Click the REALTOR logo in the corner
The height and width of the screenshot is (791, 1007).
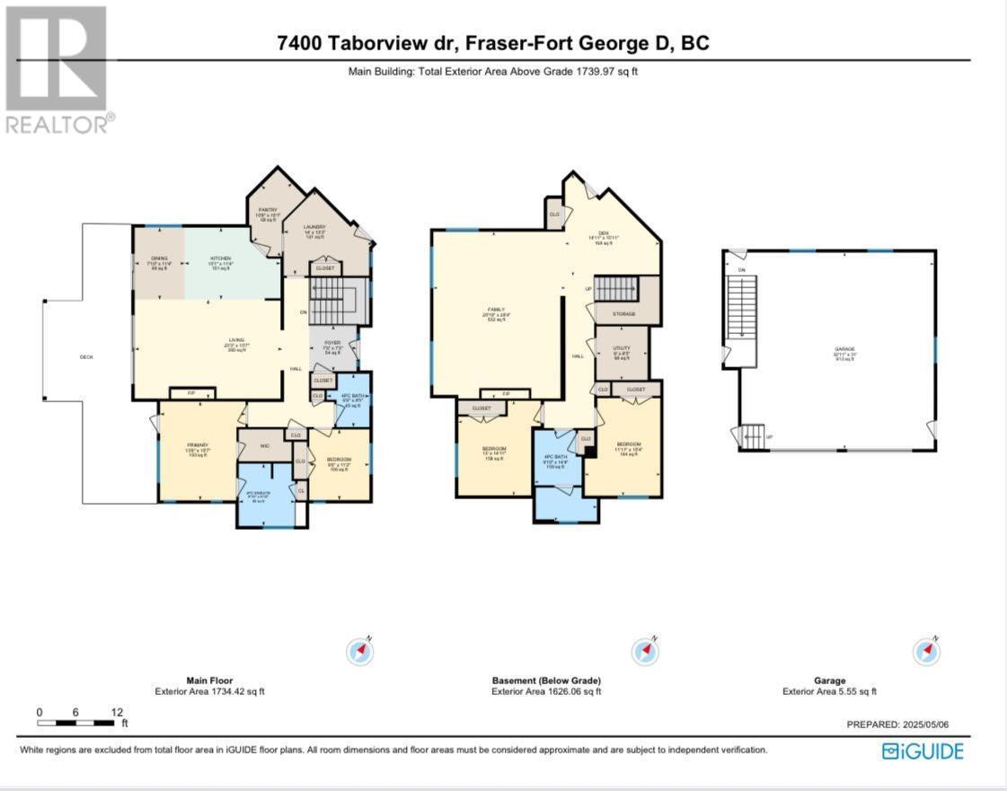[x=57, y=70]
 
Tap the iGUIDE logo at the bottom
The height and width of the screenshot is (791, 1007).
[x=923, y=751]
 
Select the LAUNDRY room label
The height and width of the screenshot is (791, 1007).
[x=314, y=227]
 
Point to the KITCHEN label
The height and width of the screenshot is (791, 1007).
[x=221, y=258]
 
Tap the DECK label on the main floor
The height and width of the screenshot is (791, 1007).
[x=86, y=356]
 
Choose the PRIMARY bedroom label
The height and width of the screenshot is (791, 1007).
[x=198, y=445]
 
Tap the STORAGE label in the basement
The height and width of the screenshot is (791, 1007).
[x=624, y=313]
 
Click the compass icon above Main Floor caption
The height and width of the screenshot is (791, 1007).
[x=360, y=650]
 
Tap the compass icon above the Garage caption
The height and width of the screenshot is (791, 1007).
[x=926, y=650]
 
